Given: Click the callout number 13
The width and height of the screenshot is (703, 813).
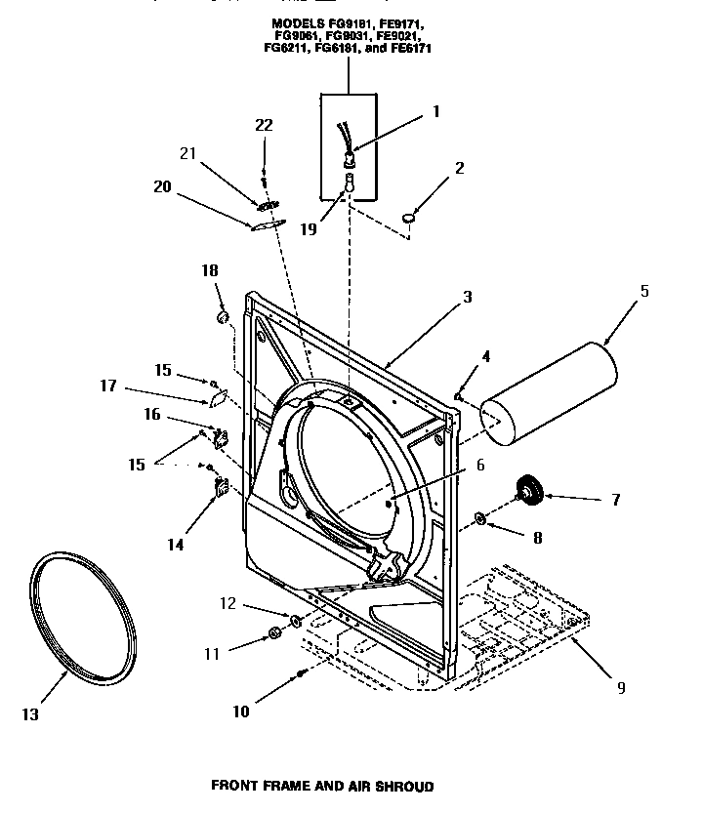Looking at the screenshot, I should tap(30, 714).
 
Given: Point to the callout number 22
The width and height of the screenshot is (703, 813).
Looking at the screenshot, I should tap(264, 125).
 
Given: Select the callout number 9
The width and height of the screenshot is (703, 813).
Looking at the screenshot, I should tap(620, 687).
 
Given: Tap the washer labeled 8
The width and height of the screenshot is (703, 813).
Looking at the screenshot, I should tap(480, 517).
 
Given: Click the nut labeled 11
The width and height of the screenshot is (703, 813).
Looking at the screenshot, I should tap(274, 637).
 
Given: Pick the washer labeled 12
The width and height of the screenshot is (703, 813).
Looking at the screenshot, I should tap(295, 620).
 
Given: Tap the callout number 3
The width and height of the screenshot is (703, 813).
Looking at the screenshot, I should tap(468, 297).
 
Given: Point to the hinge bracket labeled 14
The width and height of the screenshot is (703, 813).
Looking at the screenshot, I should tap(219, 485).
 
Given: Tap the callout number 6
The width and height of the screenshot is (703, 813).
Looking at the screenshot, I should tap(479, 467).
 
